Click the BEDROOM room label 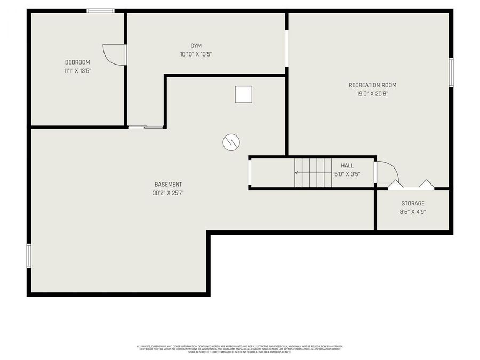click(77, 62)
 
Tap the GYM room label click(196, 46)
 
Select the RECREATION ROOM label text click(372, 85)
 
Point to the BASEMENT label click(168, 185)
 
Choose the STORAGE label click(413, 204)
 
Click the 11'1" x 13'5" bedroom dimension click(77, 70)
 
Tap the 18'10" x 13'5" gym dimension click(196, 54)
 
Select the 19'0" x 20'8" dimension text click(372, 94)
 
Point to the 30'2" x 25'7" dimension click(168, 193)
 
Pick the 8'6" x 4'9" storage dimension click(413, 212)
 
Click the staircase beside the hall click(314, 173)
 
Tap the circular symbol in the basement click(231, 142)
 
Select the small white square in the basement click(243, 94)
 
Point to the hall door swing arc click(388, 172)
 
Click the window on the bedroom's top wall click(100, 11)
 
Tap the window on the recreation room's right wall click(451, 73)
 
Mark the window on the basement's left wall click(29, 255)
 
